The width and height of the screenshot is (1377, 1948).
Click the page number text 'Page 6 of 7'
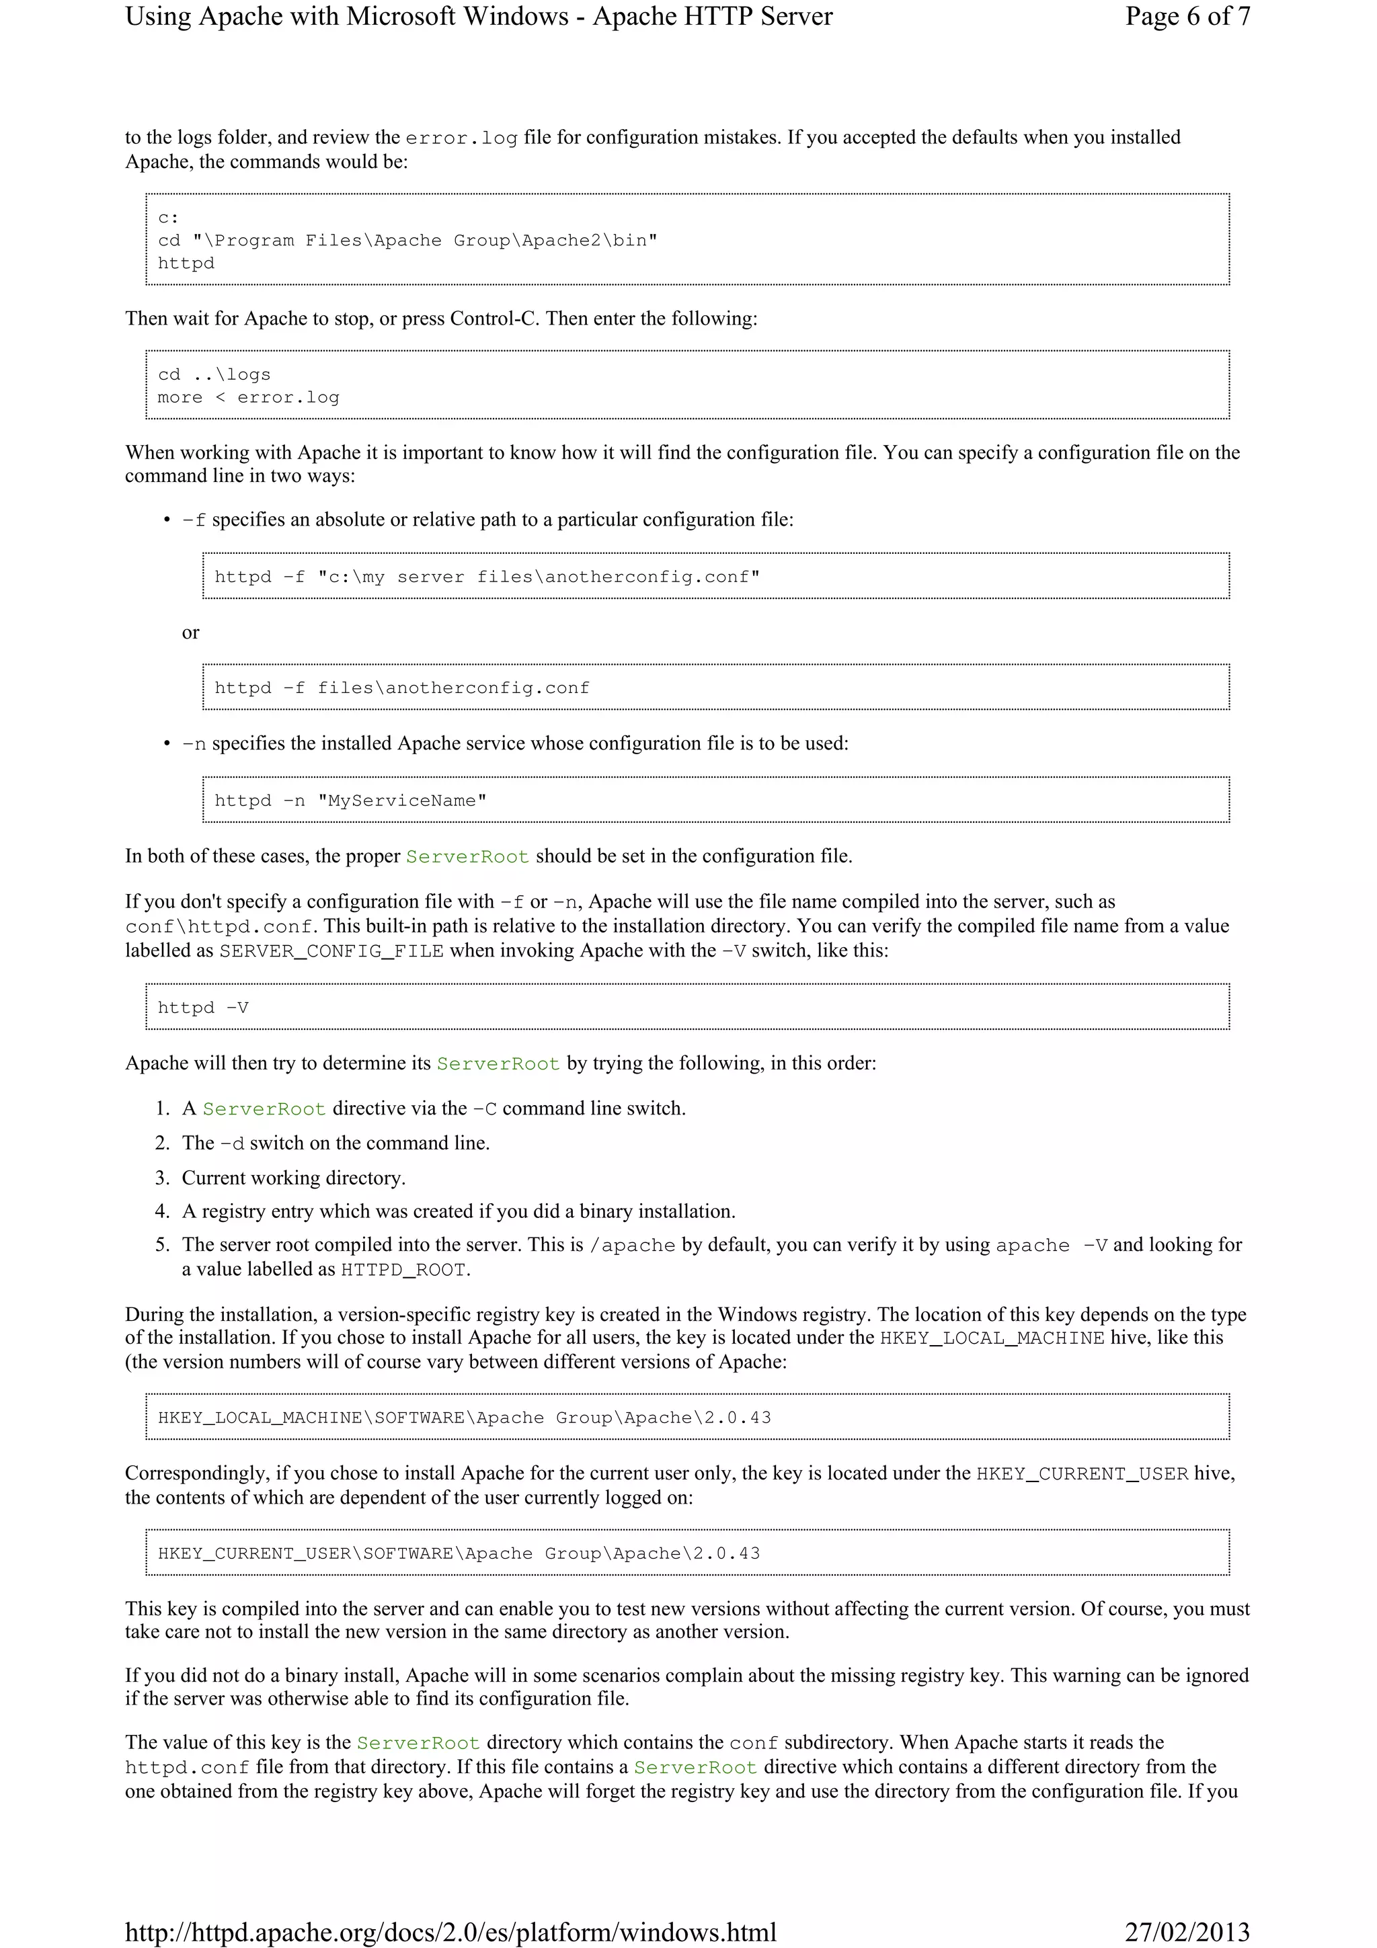(1187, 17)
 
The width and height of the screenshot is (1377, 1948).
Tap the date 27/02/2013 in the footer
(1187, 1932)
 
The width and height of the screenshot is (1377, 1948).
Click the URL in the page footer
(450, 1932)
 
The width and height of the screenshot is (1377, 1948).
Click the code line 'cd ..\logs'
(214, 374)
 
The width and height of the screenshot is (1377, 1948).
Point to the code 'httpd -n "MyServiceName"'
(350, 800)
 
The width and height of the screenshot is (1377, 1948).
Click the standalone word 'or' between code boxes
(190, 632)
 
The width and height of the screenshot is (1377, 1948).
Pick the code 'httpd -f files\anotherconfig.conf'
(401, 687)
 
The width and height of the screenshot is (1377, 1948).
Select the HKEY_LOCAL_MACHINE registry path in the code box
(464, 1417)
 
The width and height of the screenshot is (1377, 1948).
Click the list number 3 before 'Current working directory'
(162, 1178)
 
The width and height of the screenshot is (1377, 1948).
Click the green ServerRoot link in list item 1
(264, 1109)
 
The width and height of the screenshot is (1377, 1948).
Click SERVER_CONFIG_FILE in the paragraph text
(331, 951)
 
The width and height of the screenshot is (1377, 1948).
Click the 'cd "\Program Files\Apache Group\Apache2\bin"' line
(407, 240)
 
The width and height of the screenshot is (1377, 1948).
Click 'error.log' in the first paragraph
(461, 138)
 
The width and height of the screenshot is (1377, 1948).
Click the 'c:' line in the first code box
(168, 217)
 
